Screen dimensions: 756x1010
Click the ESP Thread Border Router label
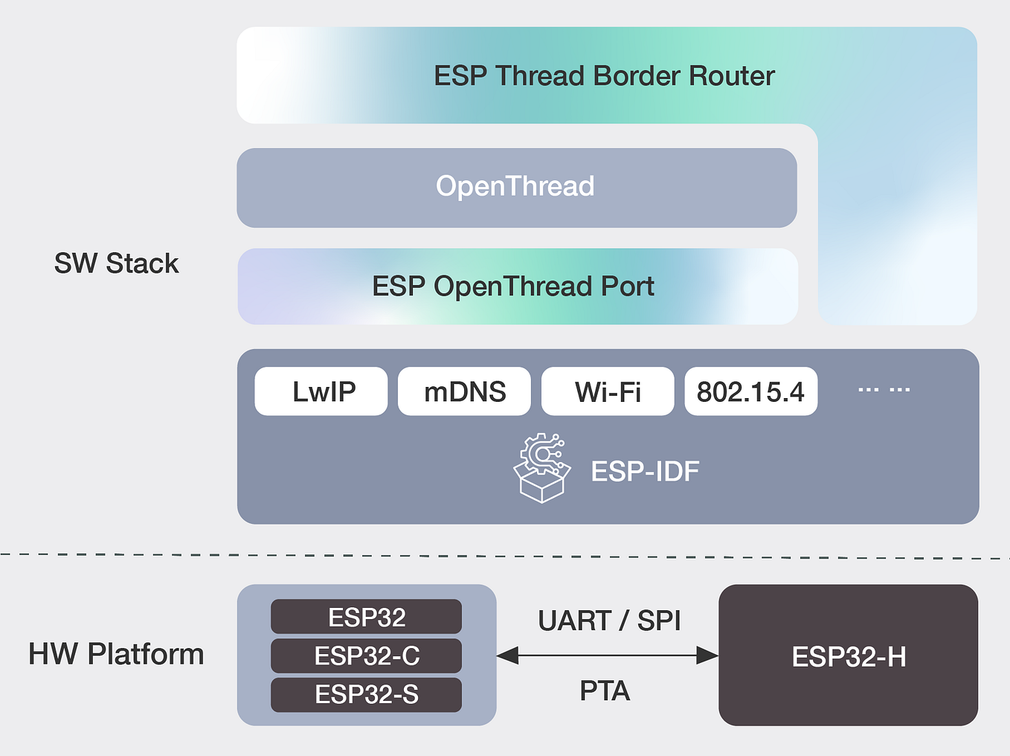tap(604, 76)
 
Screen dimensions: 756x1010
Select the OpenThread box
tap(516, 188)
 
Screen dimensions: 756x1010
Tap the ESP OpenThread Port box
tap(513, 286)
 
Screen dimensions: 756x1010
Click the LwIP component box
tap(321, 391)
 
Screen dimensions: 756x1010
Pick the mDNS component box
tap(464, 391)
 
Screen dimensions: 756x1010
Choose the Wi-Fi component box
tap(608, 391)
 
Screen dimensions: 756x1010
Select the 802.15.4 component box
tap(750, 391)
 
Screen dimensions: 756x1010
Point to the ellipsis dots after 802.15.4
tap(884, 390)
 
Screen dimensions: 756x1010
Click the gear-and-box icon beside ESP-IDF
tap(542, 468)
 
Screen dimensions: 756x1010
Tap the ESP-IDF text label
tap(645, 472)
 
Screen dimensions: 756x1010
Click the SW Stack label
tap(116, 263)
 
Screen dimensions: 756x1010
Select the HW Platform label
tap(116, 654)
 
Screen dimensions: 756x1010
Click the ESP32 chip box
tap(366, 617)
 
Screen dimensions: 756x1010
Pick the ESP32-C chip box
tap(366, 656)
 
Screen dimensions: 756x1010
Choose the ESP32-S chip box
tap(366, 694)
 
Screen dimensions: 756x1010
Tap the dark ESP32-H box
tap(848, 656)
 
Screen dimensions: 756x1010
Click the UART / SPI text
tap(609, 621)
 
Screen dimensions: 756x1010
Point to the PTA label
tap(605, 691)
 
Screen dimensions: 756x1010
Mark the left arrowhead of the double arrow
tap(507, 656)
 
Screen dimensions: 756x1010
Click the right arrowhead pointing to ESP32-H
tap(707, 656)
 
